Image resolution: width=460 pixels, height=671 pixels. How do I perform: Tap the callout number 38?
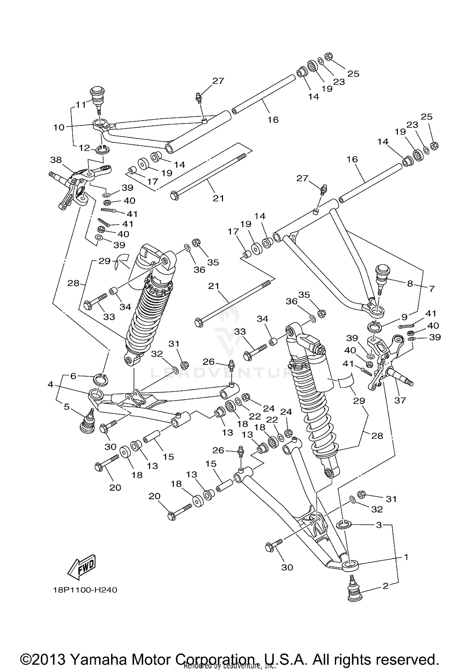click(56, 160)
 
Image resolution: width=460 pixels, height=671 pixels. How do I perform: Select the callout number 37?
click(400, 400)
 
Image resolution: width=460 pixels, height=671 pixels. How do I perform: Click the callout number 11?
click(81, 105)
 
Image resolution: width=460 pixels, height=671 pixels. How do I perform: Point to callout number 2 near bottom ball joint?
click(385, 586)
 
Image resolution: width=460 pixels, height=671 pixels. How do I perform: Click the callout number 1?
click(406, 557)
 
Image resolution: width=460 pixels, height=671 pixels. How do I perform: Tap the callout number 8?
click(410, 284)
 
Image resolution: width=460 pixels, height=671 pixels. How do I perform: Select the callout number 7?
click(432, 289)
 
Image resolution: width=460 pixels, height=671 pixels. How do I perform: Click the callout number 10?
click(59, 127)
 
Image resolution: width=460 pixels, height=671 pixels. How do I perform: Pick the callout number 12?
click(84, 148)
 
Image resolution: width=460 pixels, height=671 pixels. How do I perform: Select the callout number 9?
click(404, 316)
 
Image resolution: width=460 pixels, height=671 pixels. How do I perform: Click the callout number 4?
click(50, 384)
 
